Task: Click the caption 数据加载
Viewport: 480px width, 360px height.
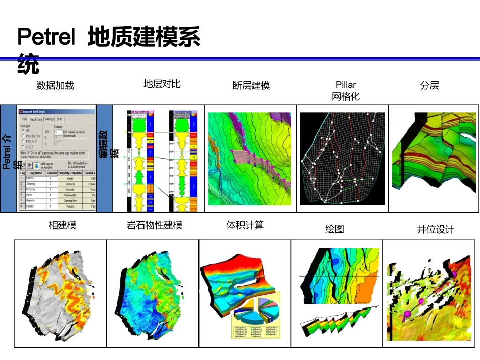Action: pos(56,85)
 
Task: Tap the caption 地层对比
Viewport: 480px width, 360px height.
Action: pos(162,83)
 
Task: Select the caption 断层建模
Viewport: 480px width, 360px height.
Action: pos(251,85)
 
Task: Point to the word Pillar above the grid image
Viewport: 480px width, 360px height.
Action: pos(346,85)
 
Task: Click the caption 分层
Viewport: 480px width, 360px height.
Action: pos(429,85)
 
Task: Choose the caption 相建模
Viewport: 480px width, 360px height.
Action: pos(63,225)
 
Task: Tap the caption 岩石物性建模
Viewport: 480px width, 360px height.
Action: pos(154,225)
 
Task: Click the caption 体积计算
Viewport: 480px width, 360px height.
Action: pos(245,225)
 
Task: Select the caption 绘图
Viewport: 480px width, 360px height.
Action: pos(334,229)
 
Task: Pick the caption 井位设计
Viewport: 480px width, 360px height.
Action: pos(435,229)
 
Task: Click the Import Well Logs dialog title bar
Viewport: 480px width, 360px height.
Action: pos(56,112)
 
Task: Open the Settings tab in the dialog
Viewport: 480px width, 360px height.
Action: pos(49,119)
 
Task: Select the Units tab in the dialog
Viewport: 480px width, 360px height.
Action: pos(60,119)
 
